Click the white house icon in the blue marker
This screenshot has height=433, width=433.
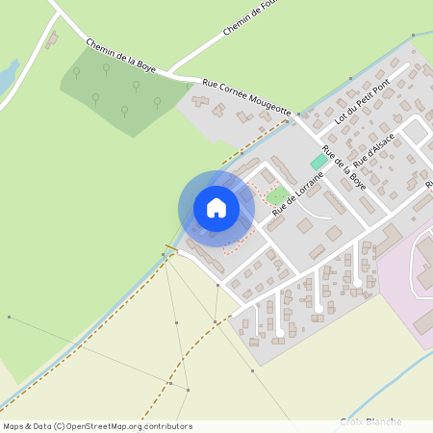point(216,207)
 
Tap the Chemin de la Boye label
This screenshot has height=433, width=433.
point(120,57)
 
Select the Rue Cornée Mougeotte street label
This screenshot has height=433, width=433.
point(246,98)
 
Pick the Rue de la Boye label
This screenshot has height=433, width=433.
point(344,166)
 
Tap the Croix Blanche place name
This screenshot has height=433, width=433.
point(370,421)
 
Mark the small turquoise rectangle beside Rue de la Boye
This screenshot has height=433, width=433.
point(318,162)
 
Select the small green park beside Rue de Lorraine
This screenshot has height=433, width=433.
point(277,195)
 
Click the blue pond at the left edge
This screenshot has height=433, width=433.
point(7,73)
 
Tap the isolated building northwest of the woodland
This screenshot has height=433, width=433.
point(51,40)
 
